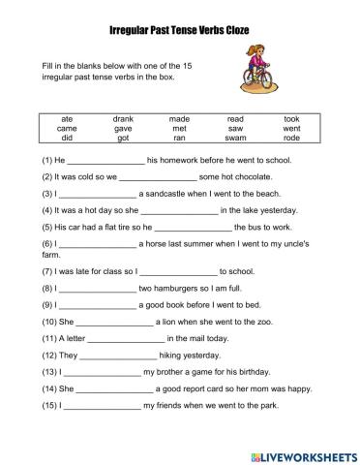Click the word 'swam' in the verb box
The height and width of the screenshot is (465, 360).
(236, 139)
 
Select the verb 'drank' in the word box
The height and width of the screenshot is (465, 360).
(123, 119)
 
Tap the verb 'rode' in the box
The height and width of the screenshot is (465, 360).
(291, 139)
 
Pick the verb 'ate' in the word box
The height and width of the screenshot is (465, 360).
(67, 119)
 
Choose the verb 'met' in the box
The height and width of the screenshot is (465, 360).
(180, 129)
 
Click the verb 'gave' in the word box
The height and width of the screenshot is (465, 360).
(123, 129)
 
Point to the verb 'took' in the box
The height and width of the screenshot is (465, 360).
(291, 119)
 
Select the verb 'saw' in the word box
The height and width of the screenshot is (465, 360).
(236, 129)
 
